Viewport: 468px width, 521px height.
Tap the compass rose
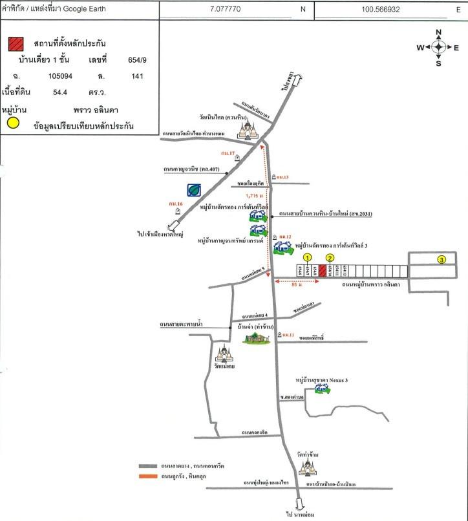point(438,47)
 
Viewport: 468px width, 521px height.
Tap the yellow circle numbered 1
point(307,257)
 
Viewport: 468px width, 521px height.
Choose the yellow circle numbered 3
point(441,260)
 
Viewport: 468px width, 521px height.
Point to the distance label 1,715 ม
point(255,195)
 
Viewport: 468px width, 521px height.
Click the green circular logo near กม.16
point(193,190)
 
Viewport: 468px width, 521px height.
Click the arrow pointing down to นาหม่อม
point(299,504)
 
